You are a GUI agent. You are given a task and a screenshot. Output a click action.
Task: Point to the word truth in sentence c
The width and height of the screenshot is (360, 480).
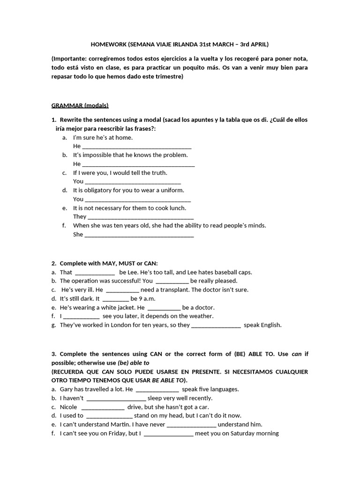click(x=157, y=172)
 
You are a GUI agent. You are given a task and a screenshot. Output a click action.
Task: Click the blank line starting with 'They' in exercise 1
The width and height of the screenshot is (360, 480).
click(x=141, y=217)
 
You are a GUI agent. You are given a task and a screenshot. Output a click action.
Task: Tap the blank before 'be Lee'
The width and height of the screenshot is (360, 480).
click(x=95, y=272)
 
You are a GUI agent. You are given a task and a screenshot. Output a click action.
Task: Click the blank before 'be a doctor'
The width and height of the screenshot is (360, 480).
click(x=164, y=308)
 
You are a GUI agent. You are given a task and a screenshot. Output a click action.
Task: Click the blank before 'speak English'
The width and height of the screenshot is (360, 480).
click(x=216, y=325)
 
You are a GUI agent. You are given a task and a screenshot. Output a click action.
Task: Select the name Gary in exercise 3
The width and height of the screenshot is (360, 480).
click(x=67, y=389)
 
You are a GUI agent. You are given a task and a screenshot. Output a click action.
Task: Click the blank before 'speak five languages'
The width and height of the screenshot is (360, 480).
click(x=157, y=390)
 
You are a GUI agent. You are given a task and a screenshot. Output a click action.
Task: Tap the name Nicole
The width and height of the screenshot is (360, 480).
click(x=68, y=407)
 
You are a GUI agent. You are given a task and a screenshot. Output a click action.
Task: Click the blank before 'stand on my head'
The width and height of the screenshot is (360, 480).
click(x=110, y=416)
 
